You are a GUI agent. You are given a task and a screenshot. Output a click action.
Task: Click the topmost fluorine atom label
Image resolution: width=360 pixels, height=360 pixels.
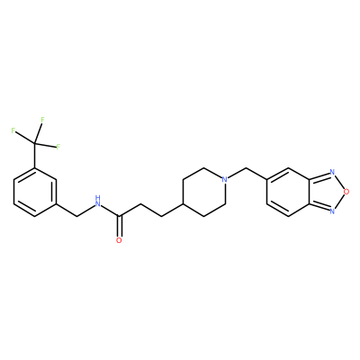coord(42,120)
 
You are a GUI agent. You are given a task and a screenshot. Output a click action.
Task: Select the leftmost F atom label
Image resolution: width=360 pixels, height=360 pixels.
coord(13,130)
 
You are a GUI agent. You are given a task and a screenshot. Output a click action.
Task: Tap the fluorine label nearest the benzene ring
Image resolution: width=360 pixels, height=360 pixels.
coord(58,147)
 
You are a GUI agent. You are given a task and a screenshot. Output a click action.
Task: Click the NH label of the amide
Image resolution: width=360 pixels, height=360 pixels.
coord(97,202)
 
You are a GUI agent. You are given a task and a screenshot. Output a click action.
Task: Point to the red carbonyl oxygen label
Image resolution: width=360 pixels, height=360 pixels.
coord(119,240)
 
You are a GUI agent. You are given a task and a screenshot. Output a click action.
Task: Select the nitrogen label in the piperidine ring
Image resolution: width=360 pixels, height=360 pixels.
coord(224,180)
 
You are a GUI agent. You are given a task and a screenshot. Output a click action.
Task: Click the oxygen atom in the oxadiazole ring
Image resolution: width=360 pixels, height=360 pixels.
coord(346,192)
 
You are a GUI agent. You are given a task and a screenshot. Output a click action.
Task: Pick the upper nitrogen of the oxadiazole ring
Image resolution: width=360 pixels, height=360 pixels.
coord(332,172)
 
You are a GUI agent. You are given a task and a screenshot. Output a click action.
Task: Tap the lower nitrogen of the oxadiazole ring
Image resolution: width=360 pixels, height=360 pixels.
coord(332,211)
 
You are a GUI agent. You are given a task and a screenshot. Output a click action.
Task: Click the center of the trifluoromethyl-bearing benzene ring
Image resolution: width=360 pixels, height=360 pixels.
coord(35,192)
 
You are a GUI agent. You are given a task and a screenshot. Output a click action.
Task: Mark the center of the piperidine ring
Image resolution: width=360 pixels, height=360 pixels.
coord(203,192)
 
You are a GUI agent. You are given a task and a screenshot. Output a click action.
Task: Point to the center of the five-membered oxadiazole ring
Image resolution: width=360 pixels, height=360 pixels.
coord(326,192)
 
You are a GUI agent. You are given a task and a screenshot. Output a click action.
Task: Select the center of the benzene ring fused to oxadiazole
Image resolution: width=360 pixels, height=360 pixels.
coord(288,192)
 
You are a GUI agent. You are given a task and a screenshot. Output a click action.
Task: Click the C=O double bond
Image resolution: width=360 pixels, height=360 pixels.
coord(120,227)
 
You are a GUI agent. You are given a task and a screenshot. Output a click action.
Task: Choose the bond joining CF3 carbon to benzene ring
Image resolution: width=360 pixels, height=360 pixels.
coord(35,156)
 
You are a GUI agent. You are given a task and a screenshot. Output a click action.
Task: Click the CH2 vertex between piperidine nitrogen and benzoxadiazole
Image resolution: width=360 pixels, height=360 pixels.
coord(246,168)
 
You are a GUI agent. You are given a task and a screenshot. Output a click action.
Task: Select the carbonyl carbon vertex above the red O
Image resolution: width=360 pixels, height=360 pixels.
coord(120,216)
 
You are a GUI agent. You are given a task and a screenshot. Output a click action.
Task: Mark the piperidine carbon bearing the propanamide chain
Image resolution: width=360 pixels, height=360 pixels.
coord(183,204)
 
